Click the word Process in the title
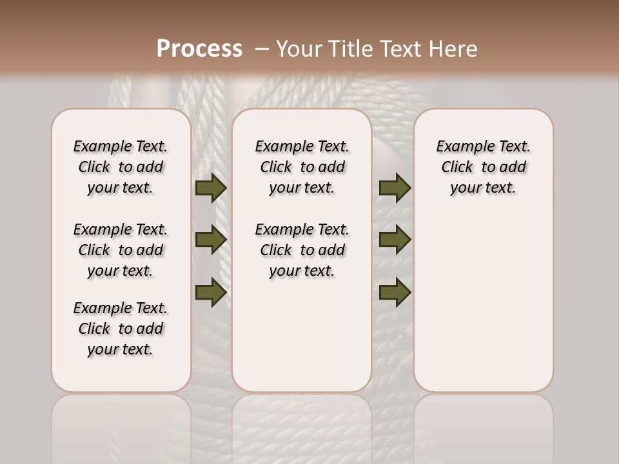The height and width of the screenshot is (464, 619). click(x=199, y=49)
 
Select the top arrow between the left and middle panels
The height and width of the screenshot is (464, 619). click(x=211, y=188)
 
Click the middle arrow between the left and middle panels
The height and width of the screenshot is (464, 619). click(x=211, y=240)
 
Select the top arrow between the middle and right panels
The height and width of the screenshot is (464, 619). click(x=395, y=188)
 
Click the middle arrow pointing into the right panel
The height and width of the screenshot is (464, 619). click(x=395, y=240)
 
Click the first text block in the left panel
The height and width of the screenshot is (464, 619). click(x=121, y=167)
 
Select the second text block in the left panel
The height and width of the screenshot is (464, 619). click(x=121, y=250)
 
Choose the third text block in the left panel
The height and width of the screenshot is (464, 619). click(x=121, y=329)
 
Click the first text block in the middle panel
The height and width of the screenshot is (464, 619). click(x=302, y=167)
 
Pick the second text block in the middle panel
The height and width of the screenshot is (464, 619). click(x=302, y=250)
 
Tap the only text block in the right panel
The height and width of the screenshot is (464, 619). click(x=483, y=167)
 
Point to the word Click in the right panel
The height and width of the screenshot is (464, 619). click(x=457, y=168)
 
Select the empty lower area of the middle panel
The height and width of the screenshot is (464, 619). click(x=302, y=335)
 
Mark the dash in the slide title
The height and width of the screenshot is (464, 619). click(x=262, y=49)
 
